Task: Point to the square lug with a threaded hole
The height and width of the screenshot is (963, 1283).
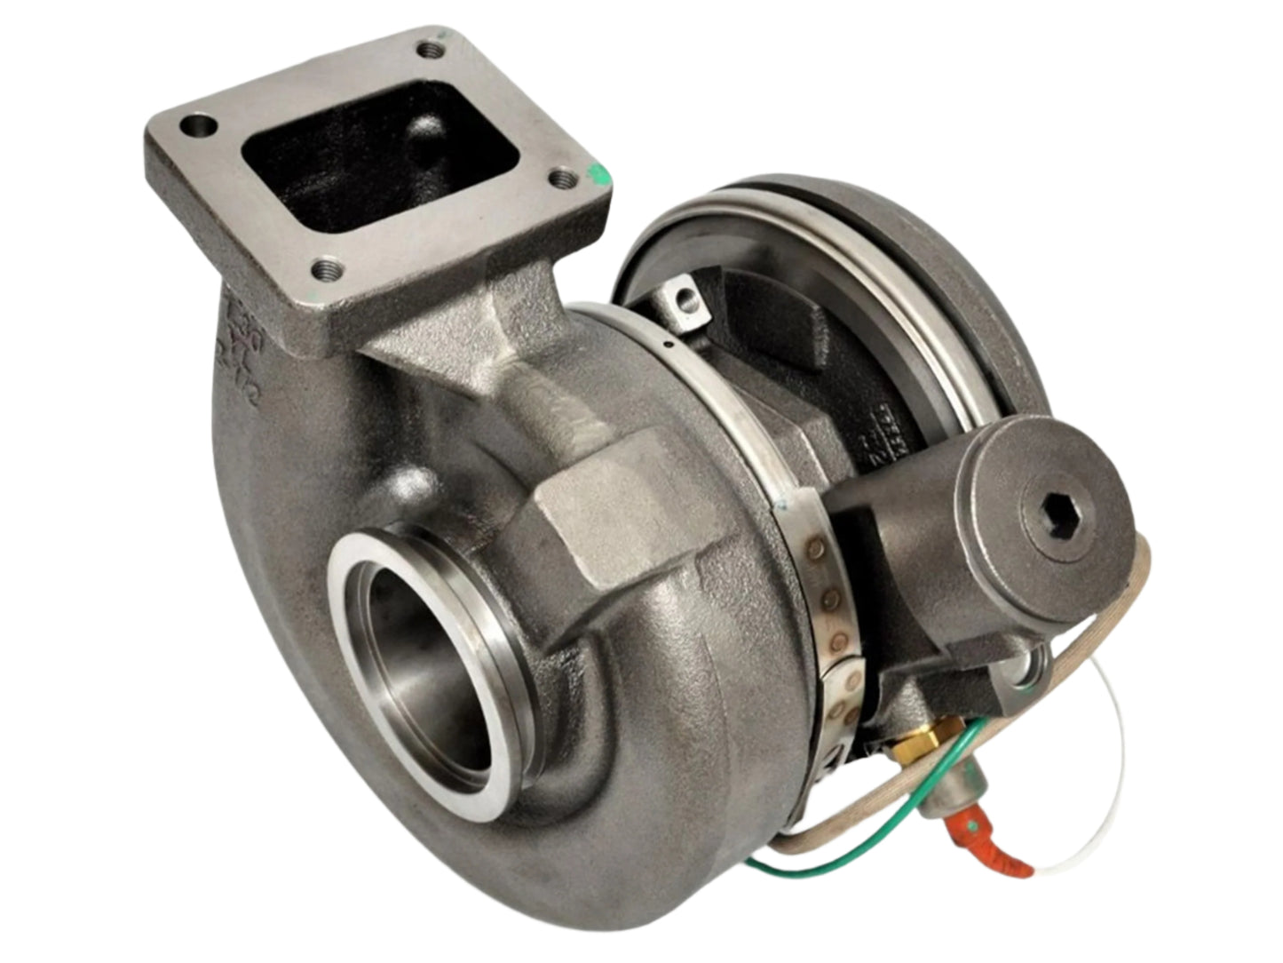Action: point(685,297)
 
